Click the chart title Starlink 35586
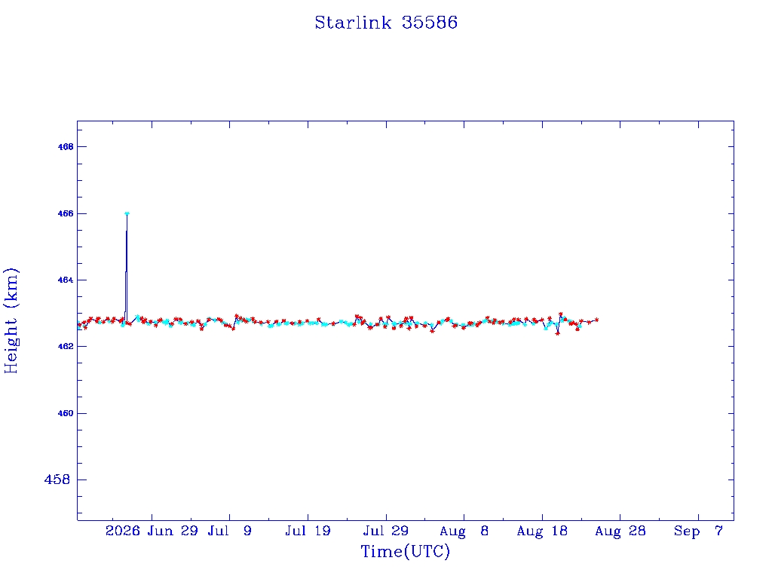386,23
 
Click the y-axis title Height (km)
11,320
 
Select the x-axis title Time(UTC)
405,551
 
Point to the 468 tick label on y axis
66,147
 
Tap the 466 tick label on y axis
66,213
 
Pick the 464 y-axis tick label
66,280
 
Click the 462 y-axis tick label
66,347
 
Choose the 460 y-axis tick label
66,414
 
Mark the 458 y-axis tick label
57,479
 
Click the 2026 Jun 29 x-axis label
152,532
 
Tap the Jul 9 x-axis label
229,532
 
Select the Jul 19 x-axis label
308,532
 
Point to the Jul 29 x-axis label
386,532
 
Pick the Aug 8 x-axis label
464,532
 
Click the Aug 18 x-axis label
542,532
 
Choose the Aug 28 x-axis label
620,532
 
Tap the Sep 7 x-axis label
698,532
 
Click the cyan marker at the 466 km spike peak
127,213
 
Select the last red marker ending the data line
597,320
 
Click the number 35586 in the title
430,23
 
